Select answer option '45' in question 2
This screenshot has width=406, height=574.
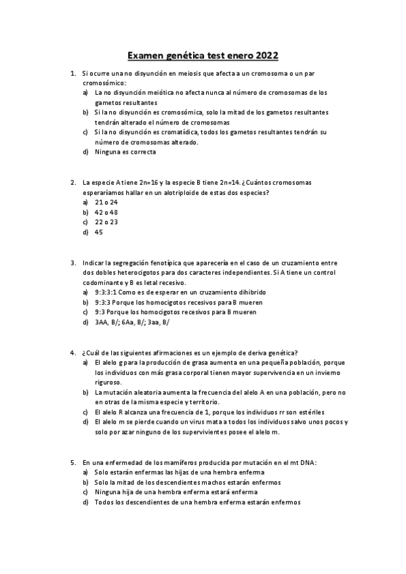click(x=99, y=232)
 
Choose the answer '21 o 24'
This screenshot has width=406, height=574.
click(x=106, y=202)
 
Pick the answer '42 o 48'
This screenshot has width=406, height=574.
click(x=106, y=212)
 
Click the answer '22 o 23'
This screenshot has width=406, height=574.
click(x=106, y=222)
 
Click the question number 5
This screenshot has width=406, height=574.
click(x=73, y=462)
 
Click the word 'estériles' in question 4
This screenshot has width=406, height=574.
click(x=308, y=412)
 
